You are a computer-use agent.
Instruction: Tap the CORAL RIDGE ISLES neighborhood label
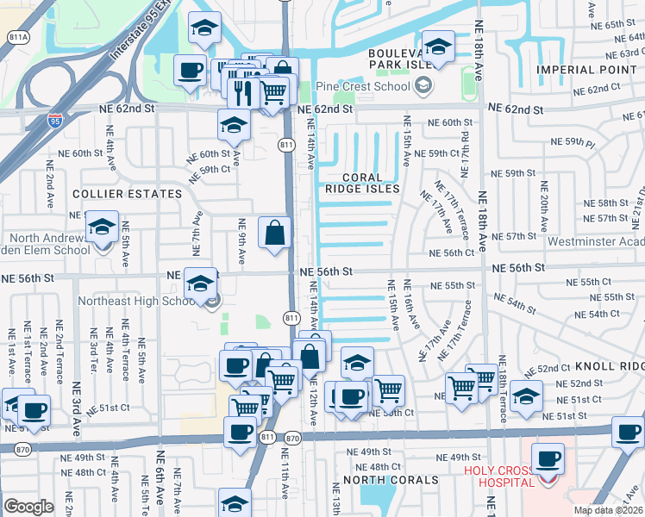point(362,182)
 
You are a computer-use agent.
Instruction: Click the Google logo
point(28,506)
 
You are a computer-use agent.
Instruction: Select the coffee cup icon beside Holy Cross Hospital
point(547,458)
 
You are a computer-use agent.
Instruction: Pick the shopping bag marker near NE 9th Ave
point(274,233)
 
